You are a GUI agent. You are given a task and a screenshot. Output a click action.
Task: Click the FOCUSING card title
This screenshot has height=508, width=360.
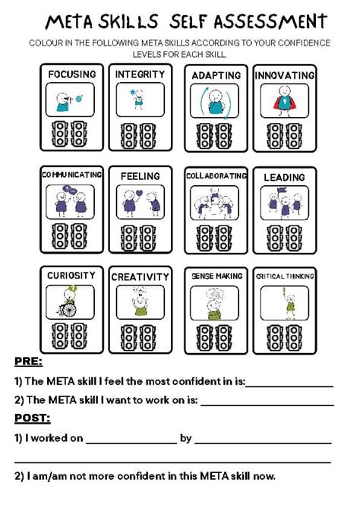72,74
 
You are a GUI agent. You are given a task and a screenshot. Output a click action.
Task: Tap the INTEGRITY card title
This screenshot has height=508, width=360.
140,74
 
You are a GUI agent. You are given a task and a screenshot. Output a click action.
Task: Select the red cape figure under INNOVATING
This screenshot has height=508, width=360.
285,101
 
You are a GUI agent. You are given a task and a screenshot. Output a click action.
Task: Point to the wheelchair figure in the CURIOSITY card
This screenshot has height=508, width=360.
68,302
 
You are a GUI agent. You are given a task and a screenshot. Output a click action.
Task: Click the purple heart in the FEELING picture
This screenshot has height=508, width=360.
139,193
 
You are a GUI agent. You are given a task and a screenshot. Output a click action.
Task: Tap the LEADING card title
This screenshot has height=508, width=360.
284,177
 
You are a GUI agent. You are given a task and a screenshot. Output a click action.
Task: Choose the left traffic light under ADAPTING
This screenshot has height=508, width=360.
205,136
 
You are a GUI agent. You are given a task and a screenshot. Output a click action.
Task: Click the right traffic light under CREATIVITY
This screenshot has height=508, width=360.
148,338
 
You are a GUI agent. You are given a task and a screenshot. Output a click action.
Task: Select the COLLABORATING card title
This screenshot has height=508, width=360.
216,175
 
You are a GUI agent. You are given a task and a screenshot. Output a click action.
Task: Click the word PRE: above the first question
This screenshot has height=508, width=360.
29,361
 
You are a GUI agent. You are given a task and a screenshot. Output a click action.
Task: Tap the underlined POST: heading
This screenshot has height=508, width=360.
33,418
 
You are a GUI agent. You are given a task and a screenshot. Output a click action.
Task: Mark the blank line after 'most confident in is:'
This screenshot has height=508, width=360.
289,387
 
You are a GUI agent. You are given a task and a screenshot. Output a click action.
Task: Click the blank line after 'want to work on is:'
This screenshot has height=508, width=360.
267,405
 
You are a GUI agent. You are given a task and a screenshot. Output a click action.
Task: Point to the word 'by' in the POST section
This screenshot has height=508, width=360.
185,439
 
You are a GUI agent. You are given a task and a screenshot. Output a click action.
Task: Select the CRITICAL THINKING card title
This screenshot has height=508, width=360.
285,276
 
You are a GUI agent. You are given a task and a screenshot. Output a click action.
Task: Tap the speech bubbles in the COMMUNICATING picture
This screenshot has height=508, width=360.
70,189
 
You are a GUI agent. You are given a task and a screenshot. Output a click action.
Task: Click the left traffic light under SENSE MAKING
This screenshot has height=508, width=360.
205,338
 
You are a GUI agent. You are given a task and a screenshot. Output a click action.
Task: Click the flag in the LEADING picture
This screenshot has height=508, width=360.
280,191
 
